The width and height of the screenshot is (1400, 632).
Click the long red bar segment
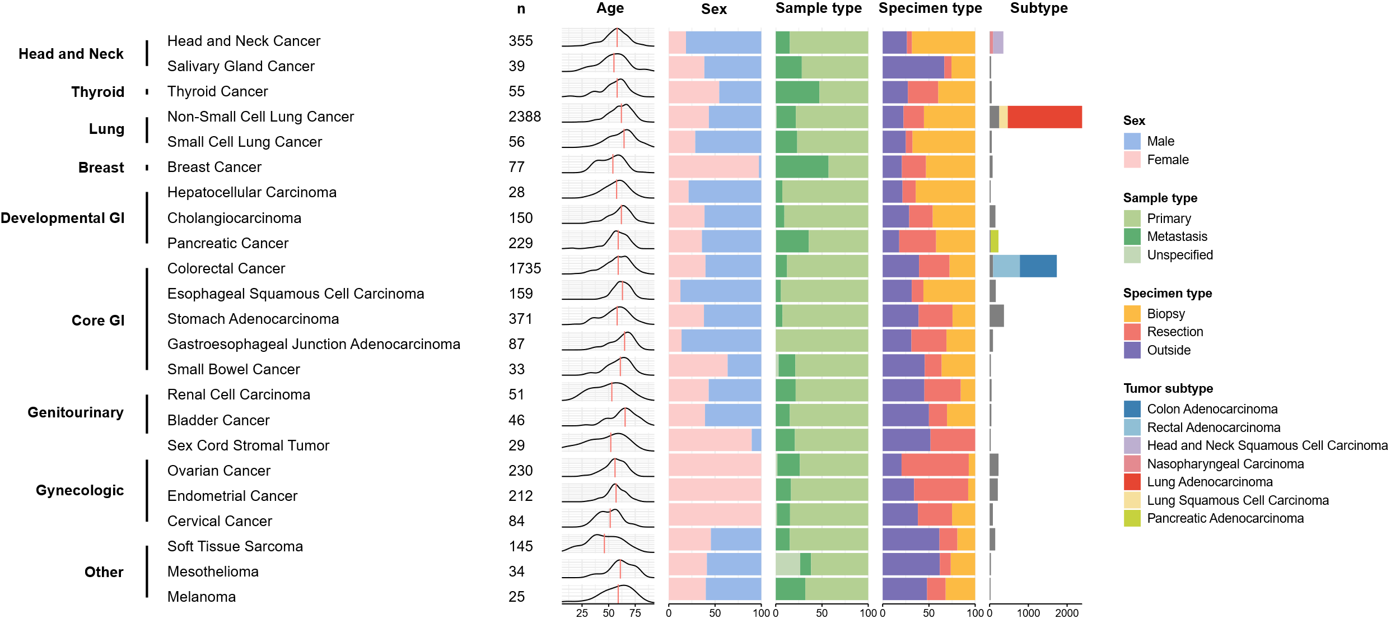click(x=1044, y=117)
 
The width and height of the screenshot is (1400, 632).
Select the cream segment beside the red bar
click(x=1003, y=117)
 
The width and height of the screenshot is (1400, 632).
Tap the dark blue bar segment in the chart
click(x=1038, y=266)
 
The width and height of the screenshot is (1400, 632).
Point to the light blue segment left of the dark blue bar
click(x=1006, y=266)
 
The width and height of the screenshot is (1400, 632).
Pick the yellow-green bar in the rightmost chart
click(x=994, y=241)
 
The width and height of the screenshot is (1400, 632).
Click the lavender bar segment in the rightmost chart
click(x=998, y=43)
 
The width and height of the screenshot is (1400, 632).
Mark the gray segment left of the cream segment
click(x=994, y=117)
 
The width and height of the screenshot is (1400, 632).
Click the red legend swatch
click(x=1132, y=482)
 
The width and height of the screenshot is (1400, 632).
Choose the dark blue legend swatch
click(x=1132, y=409)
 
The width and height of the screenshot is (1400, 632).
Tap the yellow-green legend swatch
click(x=1132, y=518)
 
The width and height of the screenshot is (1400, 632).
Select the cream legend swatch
click(x=1132, y=500)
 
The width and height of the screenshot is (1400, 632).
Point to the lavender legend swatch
click(x=1132, y=445)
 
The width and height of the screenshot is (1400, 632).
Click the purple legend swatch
click(x=1132, y=350)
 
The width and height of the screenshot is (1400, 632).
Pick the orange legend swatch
click(x=1132, y=314)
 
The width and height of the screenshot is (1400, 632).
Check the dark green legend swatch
click(x=1132, y=236)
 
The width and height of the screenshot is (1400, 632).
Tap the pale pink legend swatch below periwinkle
click(x=1132, y=160)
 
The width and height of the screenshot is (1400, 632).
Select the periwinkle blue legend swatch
click(x=1132, y=141)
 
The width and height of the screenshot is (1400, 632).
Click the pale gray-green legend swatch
click(x=1132, y=255)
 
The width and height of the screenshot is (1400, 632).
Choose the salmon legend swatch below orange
click(x=1132, y=332)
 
